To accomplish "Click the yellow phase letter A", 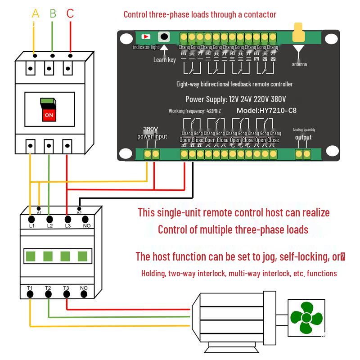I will (x=36, y=13).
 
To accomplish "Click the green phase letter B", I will (x=53, y=13).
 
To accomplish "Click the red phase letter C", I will (x=70, y=13).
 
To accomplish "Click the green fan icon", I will (x=306, y=318).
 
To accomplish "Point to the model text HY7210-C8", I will (x=266, y=111).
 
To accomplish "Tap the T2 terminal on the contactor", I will (x=48, y=293).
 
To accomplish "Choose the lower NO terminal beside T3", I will (x=84, y=293).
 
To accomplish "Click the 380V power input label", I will (x=152, y=133).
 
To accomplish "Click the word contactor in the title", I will (x=258, y=14).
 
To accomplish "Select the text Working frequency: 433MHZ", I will (x=195, y=111).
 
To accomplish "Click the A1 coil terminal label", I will (x=39, y=212).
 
